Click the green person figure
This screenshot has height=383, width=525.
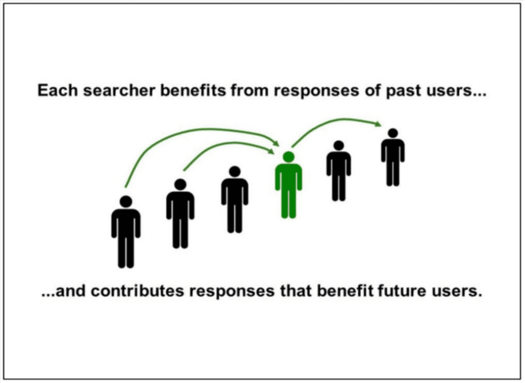[x=288, y=187]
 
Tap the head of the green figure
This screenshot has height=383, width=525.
[x=288, y=156]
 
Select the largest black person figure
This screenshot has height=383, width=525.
[x=126, y=234]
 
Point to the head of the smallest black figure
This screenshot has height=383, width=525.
[x=393, y=134]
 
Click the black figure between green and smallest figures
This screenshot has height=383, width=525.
[x=338, y=171]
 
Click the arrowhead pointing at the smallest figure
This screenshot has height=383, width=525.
[x=378, y=124]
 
